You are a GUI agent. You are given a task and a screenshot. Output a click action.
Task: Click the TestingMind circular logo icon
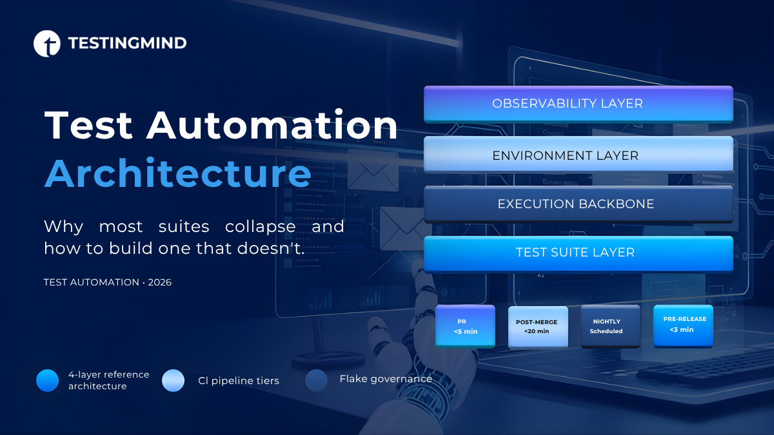pos(46,43)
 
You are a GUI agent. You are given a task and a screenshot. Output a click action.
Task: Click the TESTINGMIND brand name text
pos(127,43)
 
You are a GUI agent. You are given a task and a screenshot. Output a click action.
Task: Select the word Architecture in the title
pos(177,173)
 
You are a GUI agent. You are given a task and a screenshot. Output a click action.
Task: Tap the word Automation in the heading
pos(272,125)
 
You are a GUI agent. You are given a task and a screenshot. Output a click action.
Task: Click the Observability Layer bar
pos(578,104)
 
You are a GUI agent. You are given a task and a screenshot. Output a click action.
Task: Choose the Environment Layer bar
pos(578,155)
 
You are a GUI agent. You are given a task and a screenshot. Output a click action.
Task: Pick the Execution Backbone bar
pos(578,204)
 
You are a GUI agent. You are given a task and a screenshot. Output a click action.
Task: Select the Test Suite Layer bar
pos(578,253)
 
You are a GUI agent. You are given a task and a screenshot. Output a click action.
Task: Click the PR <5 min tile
pos(465,326)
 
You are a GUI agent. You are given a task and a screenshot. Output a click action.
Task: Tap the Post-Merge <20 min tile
pos(538,327)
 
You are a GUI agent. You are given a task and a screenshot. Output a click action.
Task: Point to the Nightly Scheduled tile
pos(610,326)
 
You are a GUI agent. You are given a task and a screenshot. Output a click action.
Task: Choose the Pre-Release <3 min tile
pos(683,325)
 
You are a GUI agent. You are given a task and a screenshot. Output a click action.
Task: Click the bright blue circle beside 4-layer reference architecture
pos(48,380)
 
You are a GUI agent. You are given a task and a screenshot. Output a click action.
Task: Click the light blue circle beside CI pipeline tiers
pos(174,380)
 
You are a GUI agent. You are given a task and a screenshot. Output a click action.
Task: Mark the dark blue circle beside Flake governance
pos(316,380)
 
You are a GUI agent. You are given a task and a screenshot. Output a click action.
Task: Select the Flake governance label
pos(386,379)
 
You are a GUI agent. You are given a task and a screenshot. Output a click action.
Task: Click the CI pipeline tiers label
pos(239,381)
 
